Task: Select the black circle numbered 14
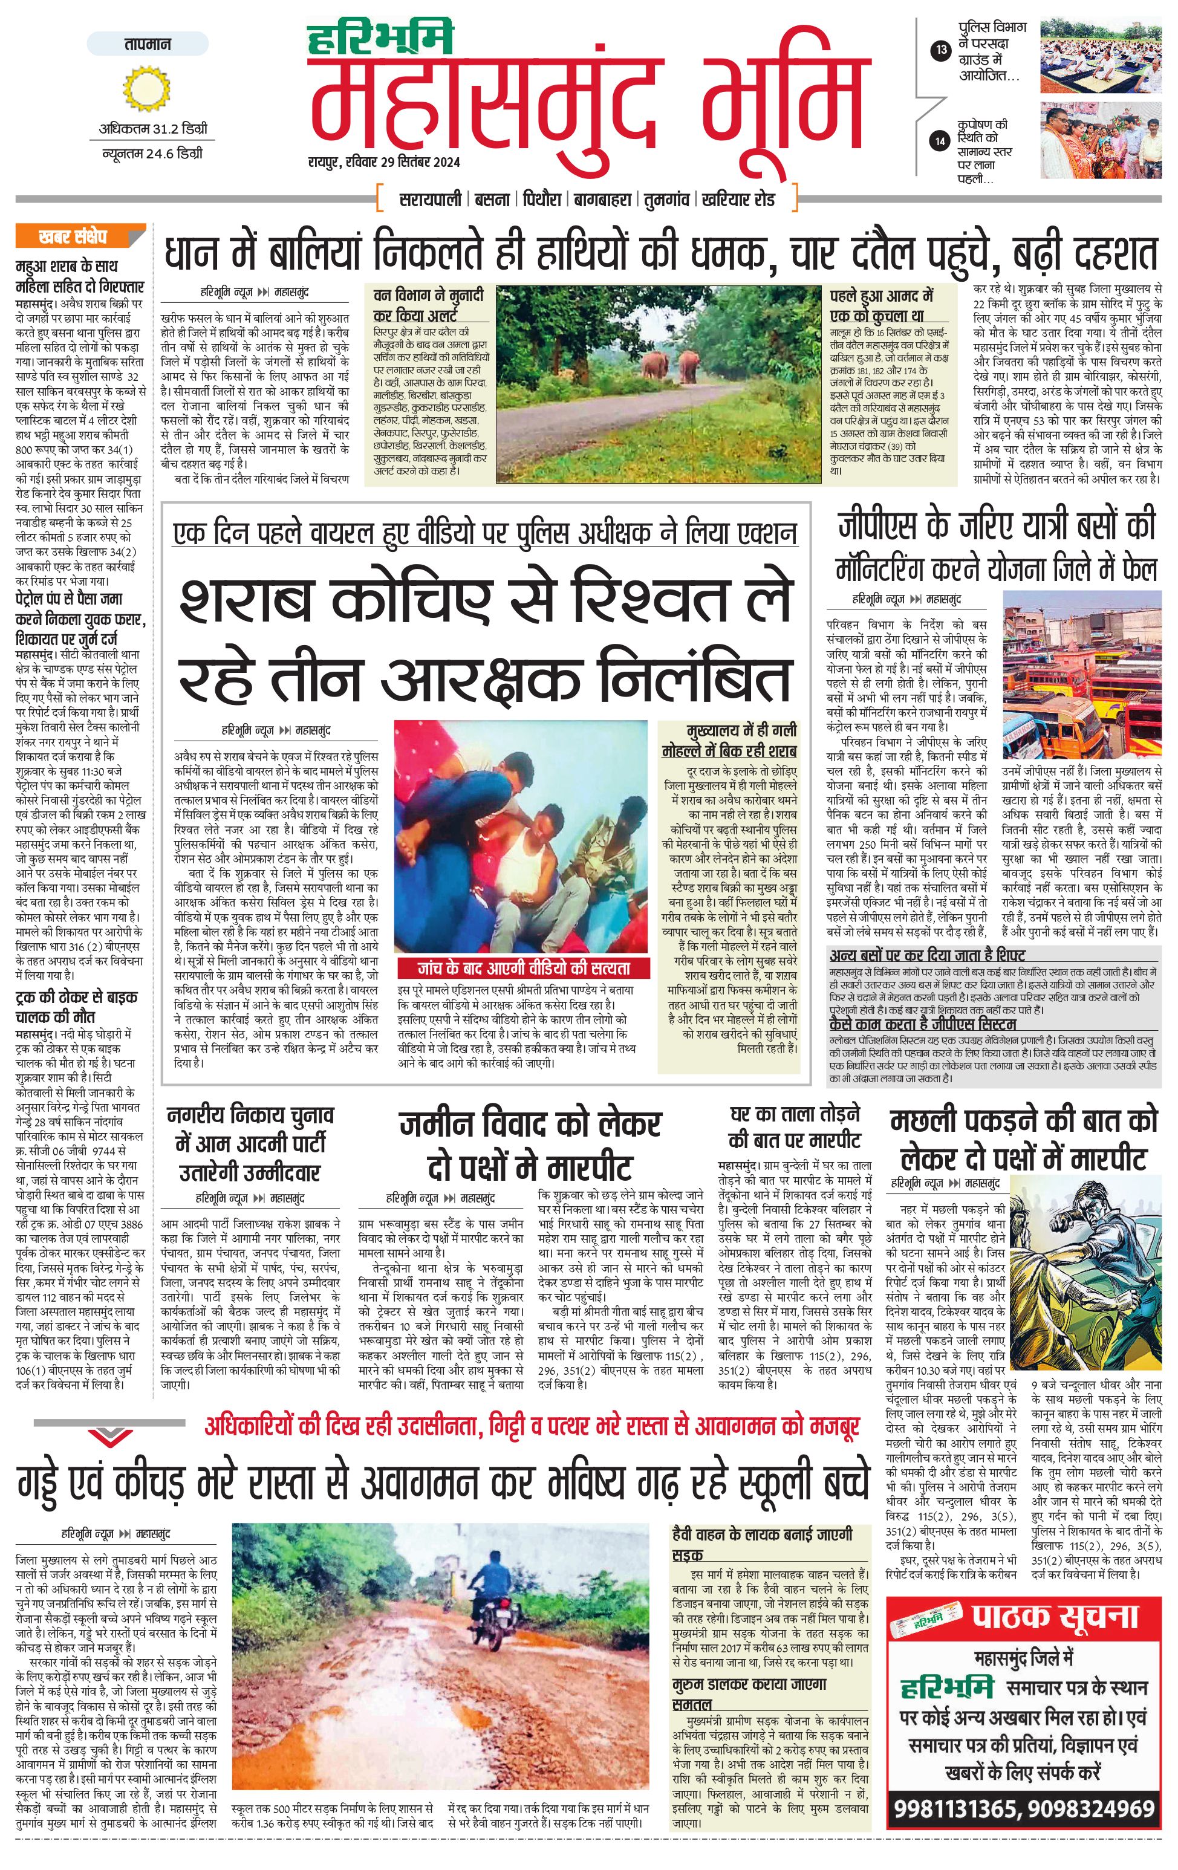coord(941,141)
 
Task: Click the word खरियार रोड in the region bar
coord(738,200)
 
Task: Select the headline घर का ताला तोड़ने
coord(795,1114)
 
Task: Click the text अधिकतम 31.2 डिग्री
coord(153,128)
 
